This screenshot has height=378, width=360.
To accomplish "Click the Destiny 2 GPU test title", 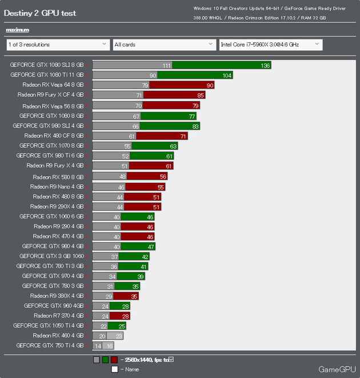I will coord(40,13).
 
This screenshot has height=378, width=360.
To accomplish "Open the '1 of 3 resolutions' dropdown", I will coord(57,44).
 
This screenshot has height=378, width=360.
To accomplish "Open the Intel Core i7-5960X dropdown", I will coord(270,44).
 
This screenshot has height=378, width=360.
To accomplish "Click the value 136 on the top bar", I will coord(265,65).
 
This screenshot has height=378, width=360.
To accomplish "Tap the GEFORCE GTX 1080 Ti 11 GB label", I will coord(47,75).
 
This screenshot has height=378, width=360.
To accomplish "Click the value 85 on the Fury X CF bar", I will coord(200,95).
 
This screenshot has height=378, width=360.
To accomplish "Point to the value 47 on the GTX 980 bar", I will coord(151,246).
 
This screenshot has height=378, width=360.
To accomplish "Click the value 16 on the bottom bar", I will coord(109,346).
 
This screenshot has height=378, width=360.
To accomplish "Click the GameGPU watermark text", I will coord(337,369).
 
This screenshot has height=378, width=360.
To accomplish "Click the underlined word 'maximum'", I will coord(17,30).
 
